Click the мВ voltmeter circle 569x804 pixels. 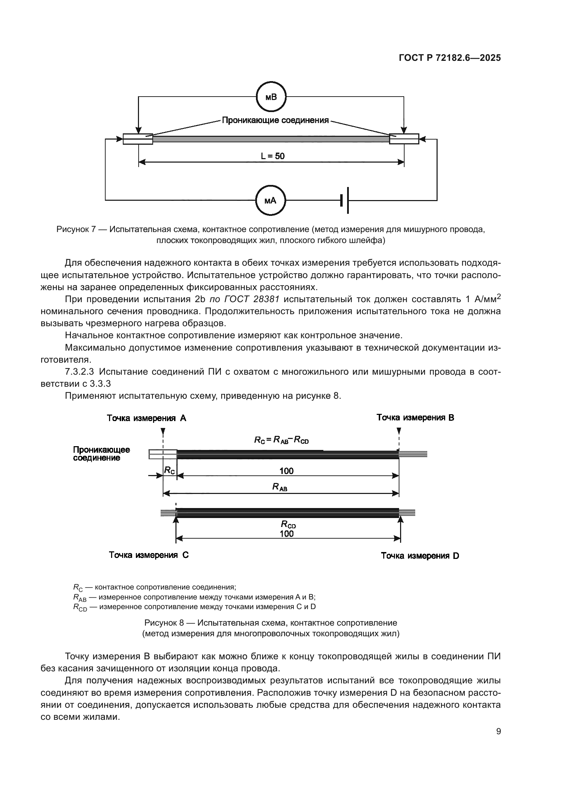pyautogui.click(x=271, y=97)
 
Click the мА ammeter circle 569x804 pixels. pyautogui.click(x=270, y=201)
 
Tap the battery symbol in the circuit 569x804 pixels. pyautogui.click(x=345, y=200)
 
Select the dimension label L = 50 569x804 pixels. pyautogui.click(x=272, y=156)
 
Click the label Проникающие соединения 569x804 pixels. pyautogui.click(x=276, y=120)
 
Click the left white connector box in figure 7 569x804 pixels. pyautogui.click(x=138, y=139)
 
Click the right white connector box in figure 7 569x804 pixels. pyautogui.click(x=404, y=139)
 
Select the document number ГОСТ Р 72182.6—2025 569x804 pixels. pyautogui.click(x=450, y=58)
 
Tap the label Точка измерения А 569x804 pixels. pyautogui.click(x=147, y=418)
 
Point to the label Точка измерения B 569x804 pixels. pyautogui.click(x=415, y=417)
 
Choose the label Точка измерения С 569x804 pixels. pyautogui.click(x=149, y=555)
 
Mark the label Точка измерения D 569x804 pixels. pyautogui.click(x=420, y=556)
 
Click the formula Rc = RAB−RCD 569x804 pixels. pyautogui.click(x=281, y=440)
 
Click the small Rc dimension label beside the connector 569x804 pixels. pyautogui.click(x=169, y=470)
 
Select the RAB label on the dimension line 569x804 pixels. pyautogui.click(x=280, y=487)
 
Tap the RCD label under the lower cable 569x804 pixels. pyautogui.click(x=288, y=524)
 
